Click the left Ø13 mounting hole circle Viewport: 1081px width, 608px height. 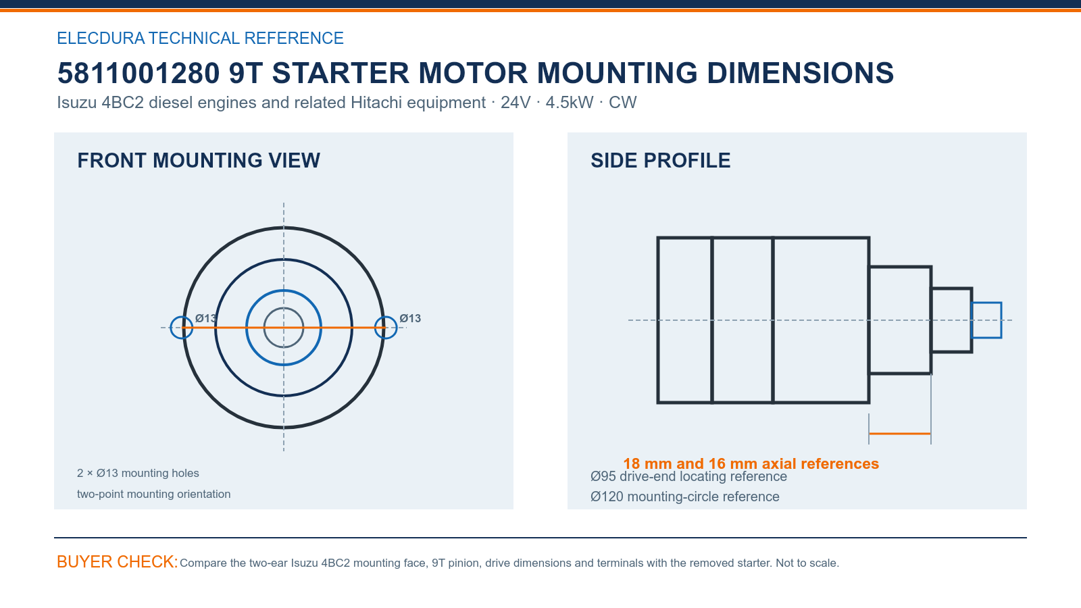(x=171, y=328)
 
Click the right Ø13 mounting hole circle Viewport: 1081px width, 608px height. (x=397, y=328)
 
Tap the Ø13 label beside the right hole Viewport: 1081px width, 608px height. (x=410, y=318)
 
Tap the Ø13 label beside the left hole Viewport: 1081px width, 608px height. (x=206, y=318)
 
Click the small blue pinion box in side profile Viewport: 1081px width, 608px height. (x=986, y=303)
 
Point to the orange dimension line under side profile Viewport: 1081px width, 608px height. (x=900, y=434)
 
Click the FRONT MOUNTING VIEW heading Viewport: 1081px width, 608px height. (x=199, y=161)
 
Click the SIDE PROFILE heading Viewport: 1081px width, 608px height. (x=660, y=161)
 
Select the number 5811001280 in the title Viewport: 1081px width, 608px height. (x=139, y=73)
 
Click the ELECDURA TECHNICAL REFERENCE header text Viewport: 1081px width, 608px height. (x=200, y=38)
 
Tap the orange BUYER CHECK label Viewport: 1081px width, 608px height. (x=118, y=561)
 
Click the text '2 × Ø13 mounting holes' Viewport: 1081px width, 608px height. (x=138, y=473)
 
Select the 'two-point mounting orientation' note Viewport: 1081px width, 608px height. (x=154, y=494)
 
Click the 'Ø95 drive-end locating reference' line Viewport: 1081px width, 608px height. (x=688, y=477)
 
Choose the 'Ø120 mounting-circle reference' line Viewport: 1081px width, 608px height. (x=685, y=497)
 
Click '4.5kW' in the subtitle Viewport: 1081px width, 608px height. (x=570, y=102)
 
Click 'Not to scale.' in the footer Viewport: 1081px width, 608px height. (x=807, y=563)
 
